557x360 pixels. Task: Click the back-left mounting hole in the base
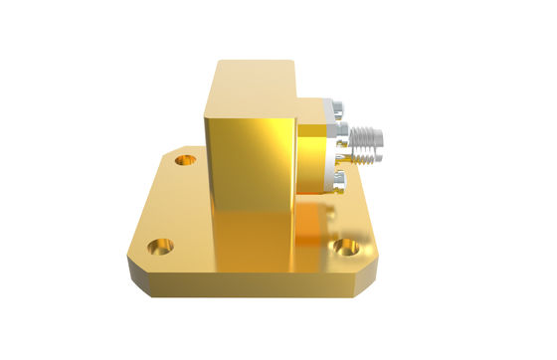point(183,158)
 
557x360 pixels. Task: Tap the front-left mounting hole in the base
point(160,245)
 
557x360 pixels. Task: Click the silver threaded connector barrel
point(368,134)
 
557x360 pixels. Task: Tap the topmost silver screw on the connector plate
point(336,103)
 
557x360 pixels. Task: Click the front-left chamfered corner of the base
point(134,273)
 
